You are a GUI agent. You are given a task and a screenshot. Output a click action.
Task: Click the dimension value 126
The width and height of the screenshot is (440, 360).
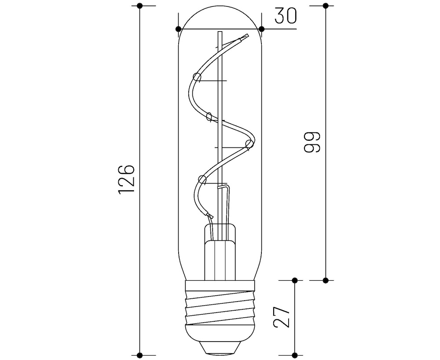click(126, 180)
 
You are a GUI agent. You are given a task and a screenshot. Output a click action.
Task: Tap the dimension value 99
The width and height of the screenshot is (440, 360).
click(311, 142)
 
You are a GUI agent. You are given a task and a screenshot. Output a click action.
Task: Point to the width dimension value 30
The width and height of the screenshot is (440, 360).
click(286, 16)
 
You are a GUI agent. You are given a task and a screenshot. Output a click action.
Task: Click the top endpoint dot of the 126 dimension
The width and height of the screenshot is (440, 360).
click(140, 6)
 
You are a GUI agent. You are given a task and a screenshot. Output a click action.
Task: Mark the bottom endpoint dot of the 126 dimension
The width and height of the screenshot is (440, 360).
click(140, 355)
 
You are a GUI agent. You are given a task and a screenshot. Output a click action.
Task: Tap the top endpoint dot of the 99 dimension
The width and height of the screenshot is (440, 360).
click(326, 6)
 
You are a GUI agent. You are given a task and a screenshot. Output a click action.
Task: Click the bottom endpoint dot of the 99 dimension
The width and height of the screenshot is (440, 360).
click(326, 280)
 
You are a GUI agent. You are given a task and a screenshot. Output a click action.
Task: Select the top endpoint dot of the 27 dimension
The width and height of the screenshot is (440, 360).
click(295, 280)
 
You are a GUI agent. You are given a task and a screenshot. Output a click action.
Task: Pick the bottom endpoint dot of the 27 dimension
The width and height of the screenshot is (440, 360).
click(295, 355)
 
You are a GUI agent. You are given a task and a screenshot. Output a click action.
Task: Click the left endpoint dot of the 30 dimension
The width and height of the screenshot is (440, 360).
click(178, 29)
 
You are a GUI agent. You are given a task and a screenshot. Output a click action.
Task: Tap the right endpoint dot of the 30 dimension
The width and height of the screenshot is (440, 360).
click(261, 29)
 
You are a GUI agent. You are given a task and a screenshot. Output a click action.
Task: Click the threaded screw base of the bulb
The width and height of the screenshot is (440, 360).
click(220, 308)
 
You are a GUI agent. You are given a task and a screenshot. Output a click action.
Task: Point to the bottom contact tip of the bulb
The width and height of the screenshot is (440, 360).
click(220, 349)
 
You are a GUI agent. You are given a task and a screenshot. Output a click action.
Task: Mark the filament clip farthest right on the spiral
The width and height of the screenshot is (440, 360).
click(249, 144)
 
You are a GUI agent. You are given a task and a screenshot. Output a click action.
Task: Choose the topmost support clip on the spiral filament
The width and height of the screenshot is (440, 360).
click(197, 78)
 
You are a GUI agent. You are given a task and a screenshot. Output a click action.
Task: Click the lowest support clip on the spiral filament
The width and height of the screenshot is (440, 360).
click(202, 179)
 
